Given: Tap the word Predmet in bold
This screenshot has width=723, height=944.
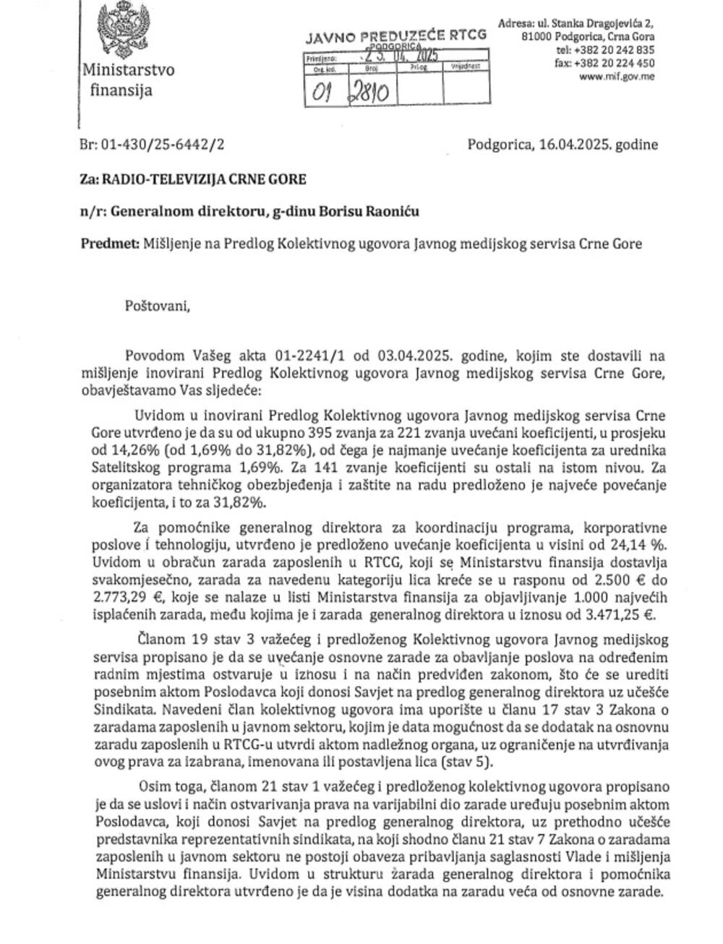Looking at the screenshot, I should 109,244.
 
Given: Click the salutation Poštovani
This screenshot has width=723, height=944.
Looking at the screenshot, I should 158,306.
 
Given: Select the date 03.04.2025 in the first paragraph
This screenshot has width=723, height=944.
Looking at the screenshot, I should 416,356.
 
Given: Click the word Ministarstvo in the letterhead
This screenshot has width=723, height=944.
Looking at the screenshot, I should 128,71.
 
